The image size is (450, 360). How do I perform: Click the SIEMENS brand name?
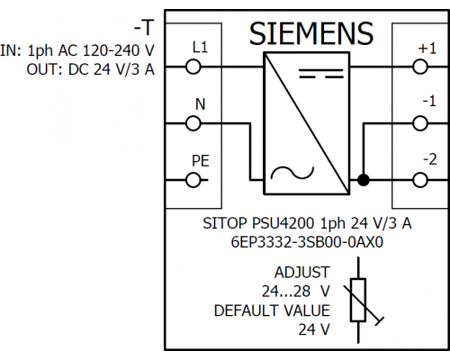pyautogui.click(x=311, y=33)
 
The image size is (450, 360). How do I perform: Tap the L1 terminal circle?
pyautogui.click(x=193, y=67)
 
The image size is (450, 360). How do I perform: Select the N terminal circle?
pyautogui.click(x=193, y=123)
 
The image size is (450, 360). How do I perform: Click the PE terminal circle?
pyautogui.click(x=193, y=180)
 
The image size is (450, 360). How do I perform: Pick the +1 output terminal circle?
pyautogui.click(x=420, y=67)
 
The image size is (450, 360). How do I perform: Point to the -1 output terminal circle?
pyautogui.click(x=420, y=123)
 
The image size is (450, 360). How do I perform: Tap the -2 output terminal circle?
pyautogui.click(x=420, y=180)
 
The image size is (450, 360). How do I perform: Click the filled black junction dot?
pyautogui.click(x=364, y=180)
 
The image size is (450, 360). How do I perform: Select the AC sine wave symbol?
pyautogui.click(x=292, y=173)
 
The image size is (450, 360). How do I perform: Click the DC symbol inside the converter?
pyautogui.click(x=321, y=74)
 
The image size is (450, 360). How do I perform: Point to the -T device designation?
pyautogui.click(x=144, y=28)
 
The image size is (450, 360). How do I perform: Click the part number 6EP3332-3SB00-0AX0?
pyautogui.click(x=307, y=242)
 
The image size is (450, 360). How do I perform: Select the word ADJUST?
pyautogui.click(x=301, y=273)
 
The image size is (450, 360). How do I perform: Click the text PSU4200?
pyautogui.click(x=283, y=223)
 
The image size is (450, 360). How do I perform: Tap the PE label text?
pyautogui.click(x=200, y=161)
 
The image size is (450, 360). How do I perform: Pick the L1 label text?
pyautogui.click(x=200, y=48)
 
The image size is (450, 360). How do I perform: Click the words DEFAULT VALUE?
pyautogui.click(x=272, y=310)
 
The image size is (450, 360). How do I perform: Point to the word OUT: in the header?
pyautogui.click(x=45, y=69)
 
